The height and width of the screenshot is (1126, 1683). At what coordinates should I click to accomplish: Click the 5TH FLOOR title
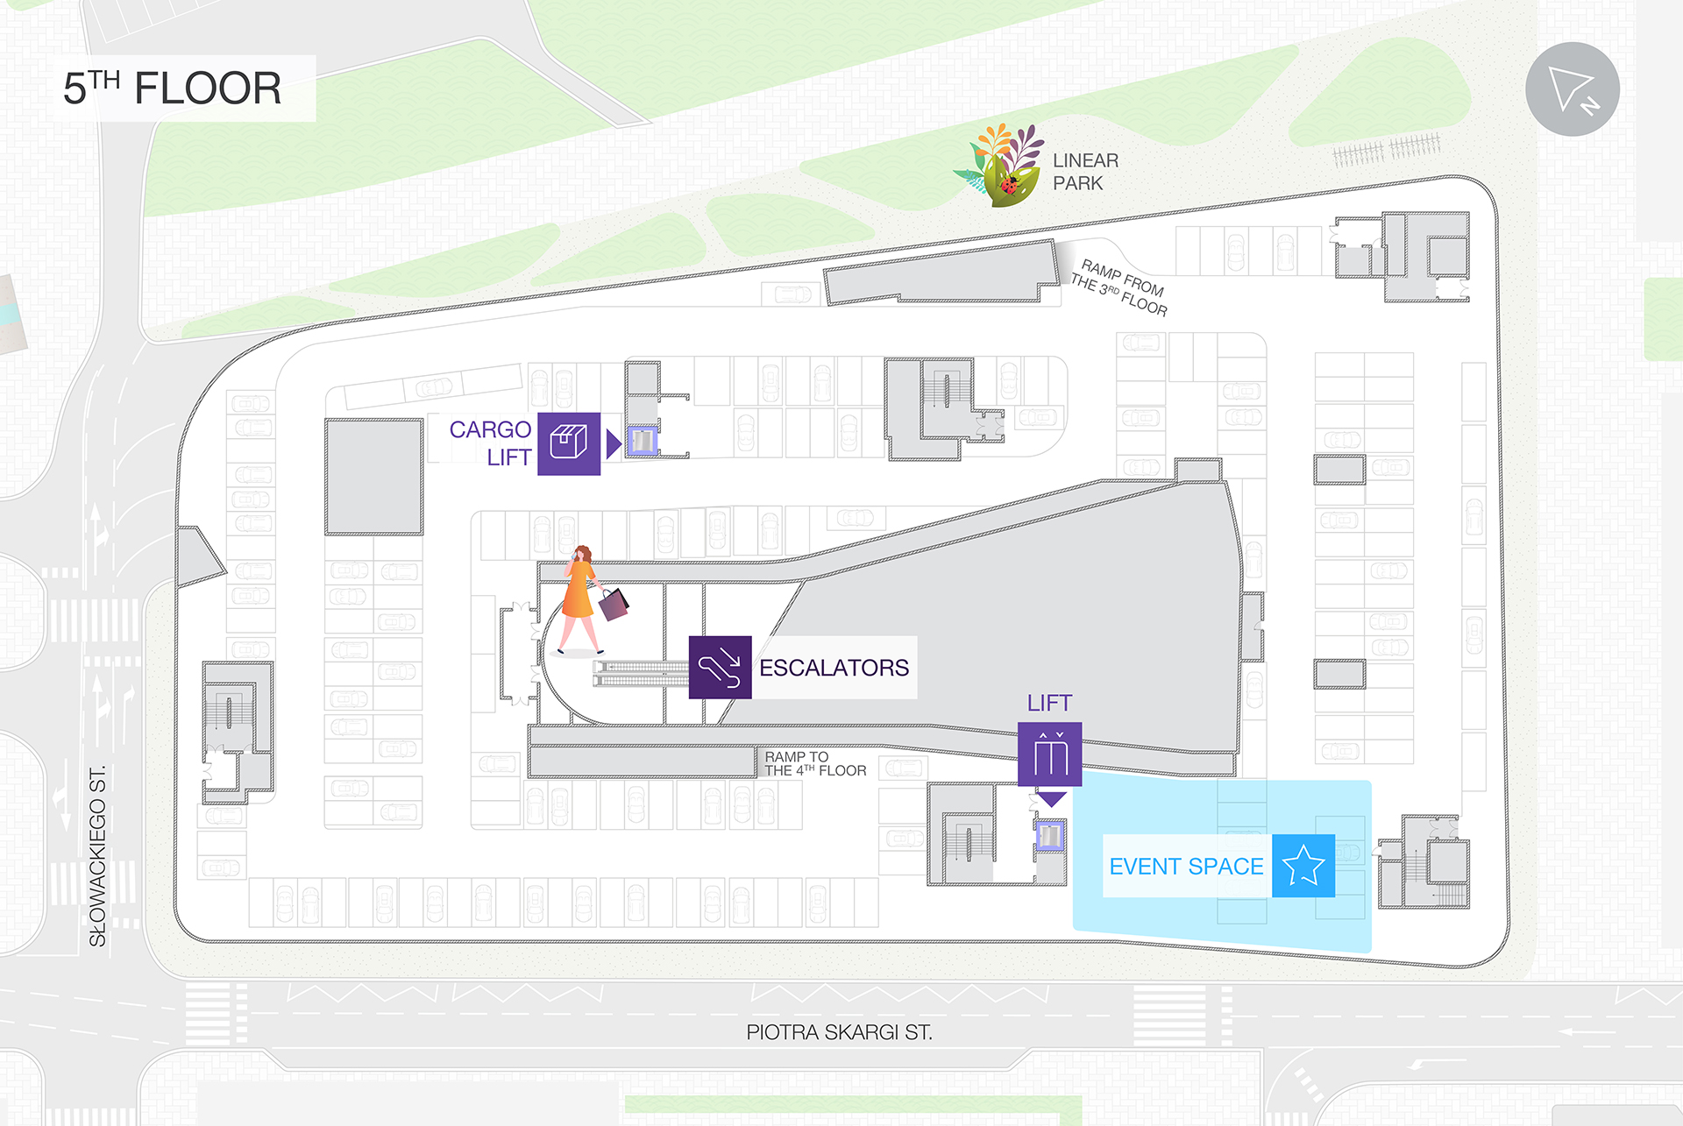coord(173,89)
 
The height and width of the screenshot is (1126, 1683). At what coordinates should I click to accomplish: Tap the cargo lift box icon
coord(568,443)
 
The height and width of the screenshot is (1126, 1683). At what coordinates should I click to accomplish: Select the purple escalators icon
coord(720,668)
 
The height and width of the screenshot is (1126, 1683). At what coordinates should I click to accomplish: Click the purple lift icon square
coord(1049,754)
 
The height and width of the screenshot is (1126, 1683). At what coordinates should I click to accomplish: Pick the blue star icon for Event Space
coord(1303,866)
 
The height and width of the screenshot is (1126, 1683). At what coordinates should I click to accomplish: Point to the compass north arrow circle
coord(1572,89)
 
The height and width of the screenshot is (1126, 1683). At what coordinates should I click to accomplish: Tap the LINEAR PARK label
coord(1085,172)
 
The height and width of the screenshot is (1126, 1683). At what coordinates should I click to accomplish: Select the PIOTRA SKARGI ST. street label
coord(839,1032)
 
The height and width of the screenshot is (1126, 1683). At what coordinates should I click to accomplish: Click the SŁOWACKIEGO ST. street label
coord(97,856)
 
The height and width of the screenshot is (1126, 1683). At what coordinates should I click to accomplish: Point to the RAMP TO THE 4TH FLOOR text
coord(814,763)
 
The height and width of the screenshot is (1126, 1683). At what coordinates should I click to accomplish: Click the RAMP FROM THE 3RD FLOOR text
coord(1119,287)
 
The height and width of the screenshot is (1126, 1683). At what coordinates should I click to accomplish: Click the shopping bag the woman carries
coord(614,604)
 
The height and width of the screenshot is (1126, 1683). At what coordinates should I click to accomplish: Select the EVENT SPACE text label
coord(1186,867)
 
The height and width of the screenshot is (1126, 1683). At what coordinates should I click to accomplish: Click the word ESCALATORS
coord(834,668)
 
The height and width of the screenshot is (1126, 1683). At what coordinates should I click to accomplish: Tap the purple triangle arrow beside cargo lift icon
coord(613,443)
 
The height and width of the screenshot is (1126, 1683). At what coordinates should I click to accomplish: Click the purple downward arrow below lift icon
coord(1050,799)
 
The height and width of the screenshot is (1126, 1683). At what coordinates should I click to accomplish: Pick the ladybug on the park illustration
coord(1009,185)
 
